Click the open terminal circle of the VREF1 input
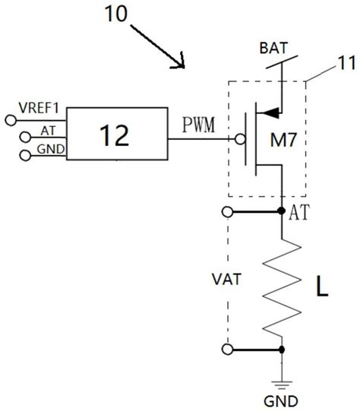coord(10,119)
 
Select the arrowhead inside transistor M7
coord(268,115)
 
